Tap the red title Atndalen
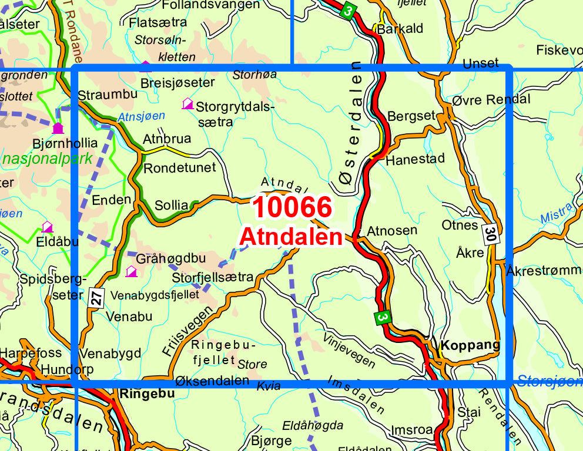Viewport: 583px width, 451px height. [x=291, y=237]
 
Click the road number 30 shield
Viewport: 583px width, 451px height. [x=491, y=234]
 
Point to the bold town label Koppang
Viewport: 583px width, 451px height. [x=470, y=345]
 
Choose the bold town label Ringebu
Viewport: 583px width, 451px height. [x=146, y=393]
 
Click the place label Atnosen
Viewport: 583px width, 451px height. [x=391, y=231]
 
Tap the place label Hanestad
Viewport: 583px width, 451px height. [x=415, y=159]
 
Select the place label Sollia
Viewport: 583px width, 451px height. [x=172, y=206]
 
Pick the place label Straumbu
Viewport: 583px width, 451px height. [x=108, y=95]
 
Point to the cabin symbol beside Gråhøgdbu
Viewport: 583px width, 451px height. [x=131, y=271]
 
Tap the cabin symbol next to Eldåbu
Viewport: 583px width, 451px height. [x=47, y=227]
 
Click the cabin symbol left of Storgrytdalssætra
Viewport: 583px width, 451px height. [x=188, y=104]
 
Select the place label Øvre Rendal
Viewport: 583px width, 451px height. [x=491, y=100]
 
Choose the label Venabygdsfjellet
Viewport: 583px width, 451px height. [x=155, y=295]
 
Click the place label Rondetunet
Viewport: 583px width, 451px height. [x=180, y=167]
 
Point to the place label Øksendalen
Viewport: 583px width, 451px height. [x=212, y=381]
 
